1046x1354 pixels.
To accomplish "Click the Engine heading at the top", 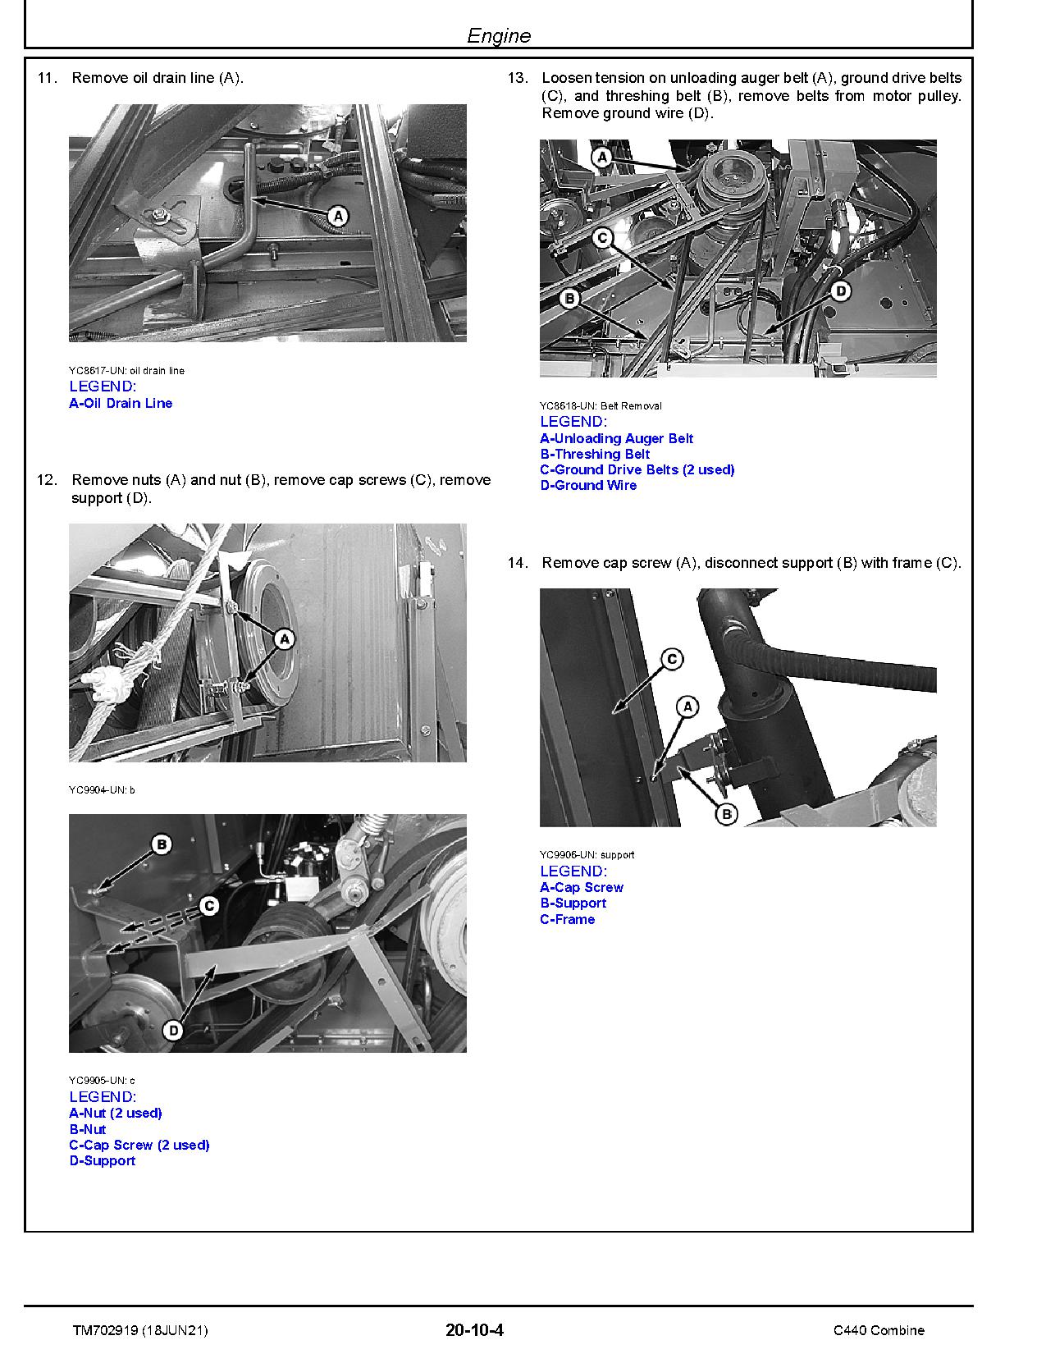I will click(x=498, y=35).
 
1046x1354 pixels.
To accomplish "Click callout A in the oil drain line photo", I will click(x=337, y=216).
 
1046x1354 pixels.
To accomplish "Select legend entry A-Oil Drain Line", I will click(x=121, y=403).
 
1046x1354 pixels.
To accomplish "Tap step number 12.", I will click(x=47, y=480).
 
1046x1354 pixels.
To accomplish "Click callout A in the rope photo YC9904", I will click(x=284, y=638).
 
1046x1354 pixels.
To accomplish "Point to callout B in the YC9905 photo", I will click(x=162, y=844).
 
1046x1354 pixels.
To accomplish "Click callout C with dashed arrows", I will click(x=208, y=906).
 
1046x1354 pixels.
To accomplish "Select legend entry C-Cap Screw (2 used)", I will click(x=139, y=1145).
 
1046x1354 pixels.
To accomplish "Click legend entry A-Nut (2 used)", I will click(x=115, y=1113).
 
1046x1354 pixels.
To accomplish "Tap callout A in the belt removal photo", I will click(x=602, y=156).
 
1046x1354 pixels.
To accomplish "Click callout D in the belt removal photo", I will click(x=840, y=290).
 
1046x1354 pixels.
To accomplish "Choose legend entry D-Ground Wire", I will click(x=587, y=485).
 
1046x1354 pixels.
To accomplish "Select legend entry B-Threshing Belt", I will click(x=594, y=454).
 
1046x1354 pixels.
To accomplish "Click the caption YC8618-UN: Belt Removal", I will click(x=600, y=405).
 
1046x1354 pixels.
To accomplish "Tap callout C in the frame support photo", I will click(x=671, y=659).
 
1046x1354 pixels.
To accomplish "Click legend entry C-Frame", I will click(x=567, y=919).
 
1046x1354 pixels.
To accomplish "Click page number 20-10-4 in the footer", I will click(x=474, y=1330).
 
